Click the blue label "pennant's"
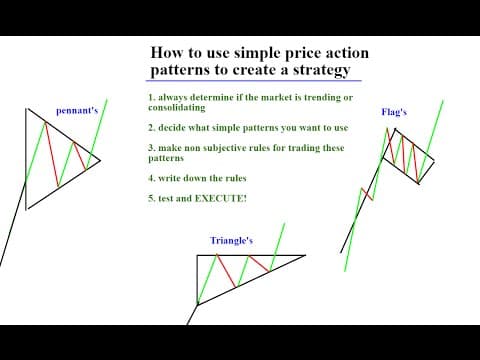click(77, 111)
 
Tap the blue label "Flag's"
click(394, 112)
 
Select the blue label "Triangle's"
click(231, 241)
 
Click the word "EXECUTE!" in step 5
click(221, 198)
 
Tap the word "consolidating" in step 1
click(177, 108)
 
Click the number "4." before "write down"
click(152, 178)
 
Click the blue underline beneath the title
click(254, 81)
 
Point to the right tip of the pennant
click(100, 161)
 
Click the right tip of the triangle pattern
click(305, 256)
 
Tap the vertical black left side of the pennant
click(26, 159)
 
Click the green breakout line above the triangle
click(277, 247)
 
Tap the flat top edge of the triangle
click(251, 256)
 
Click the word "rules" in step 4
click(236, 178)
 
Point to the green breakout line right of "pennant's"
click(97, 134)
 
